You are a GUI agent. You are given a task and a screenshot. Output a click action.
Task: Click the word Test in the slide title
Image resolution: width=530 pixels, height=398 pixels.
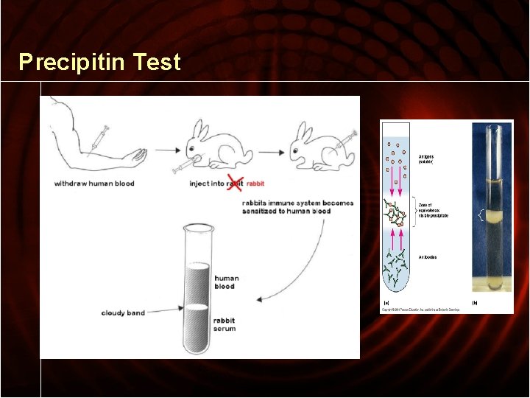tap(157, 62)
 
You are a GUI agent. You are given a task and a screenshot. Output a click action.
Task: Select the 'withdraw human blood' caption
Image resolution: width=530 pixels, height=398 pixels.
tap(94, 184)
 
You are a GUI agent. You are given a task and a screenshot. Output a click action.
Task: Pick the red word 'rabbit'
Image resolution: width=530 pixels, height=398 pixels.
tap(256, 184)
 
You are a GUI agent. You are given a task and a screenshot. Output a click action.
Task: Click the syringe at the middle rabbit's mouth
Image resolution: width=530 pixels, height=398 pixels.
tap(183, 166)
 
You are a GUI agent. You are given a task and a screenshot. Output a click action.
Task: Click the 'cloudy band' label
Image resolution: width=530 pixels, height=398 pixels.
tap(123, 313)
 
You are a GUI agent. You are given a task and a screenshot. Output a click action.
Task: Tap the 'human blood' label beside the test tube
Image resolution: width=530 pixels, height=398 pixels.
tap(225, 282)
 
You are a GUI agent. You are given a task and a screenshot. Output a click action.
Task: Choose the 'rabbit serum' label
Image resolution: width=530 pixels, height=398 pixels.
tap(225, 325)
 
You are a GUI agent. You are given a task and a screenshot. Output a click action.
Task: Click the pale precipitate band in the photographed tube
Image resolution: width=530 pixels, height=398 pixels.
tap(492, 217)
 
